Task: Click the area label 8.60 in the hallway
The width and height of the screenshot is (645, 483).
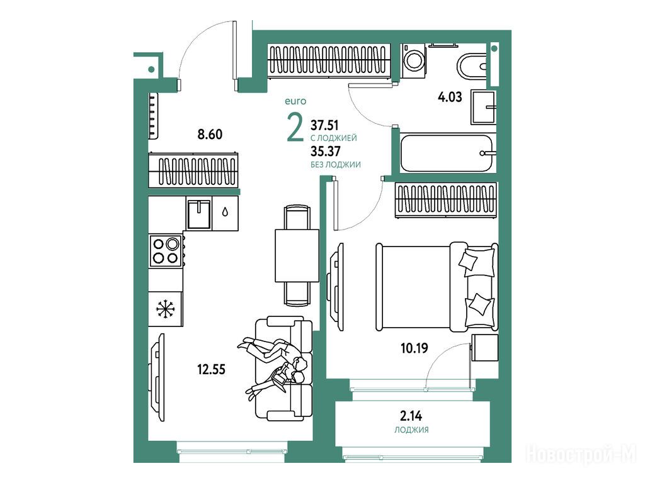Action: click(x=210, y=135)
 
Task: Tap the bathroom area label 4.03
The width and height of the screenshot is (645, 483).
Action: click(x=450, y=97)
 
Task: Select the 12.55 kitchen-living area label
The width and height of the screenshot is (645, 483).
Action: click(x=211, y=369)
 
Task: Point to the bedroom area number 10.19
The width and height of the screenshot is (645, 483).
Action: click(x=414, y=348)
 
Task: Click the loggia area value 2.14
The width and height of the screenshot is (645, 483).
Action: click(x=411, y=416)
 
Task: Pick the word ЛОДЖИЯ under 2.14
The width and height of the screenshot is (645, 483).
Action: click(x=411, y=430)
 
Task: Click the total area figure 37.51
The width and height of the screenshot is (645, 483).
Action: click(x=324, y=125)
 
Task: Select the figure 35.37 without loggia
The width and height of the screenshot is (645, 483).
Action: click(x=326, y=152)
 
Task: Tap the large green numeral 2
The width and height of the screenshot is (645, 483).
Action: click(x=295, y=128)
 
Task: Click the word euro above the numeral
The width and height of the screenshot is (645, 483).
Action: click(x=295, y=101)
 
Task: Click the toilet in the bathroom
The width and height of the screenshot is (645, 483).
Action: click(x=472, y=65)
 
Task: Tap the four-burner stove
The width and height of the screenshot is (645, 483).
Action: click(x=166, y=251)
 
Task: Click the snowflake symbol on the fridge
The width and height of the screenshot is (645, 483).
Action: click(x=166, y=309)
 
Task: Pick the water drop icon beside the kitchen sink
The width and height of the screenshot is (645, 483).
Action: click(x=225, y=212)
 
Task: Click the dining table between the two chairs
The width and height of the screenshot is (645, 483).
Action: click(x=297, y=255)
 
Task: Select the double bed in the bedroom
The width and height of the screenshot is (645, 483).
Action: click(x=437, y=287)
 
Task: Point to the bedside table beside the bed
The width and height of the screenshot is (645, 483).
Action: click(x=484, y=347)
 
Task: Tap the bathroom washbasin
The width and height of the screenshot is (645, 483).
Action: click(x=483, y=108)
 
